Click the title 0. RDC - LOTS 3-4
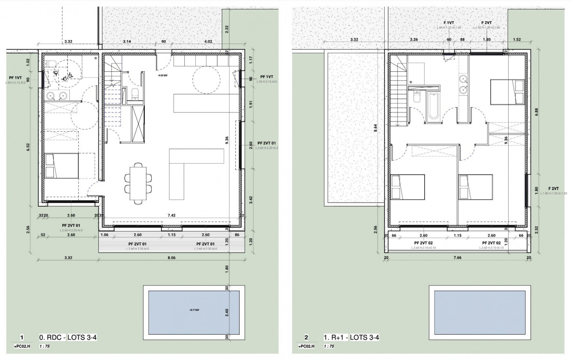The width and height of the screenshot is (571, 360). pos(68,337)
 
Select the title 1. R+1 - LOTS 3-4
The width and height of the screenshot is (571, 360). pos(352,337)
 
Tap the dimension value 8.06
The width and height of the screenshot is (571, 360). pos(171,258)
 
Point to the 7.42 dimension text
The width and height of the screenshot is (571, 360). pos(171,215)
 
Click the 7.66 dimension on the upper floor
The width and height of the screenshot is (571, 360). pos(457,258)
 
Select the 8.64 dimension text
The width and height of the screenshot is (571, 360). pos(375,129)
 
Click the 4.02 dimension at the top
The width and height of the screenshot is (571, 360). pos(208,41)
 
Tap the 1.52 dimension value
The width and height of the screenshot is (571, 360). pos(518,40)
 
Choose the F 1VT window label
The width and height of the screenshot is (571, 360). pos(449,23)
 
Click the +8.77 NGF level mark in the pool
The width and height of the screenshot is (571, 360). pos(194,310)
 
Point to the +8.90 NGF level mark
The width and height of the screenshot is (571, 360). pos(162,75)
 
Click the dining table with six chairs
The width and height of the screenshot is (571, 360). pos(138,183)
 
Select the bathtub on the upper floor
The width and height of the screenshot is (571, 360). pos(434,107)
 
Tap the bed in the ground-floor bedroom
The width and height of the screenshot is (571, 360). pos(61,166)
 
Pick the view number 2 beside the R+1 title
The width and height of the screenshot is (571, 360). pos(306,337)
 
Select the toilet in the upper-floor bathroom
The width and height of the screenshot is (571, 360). pos(416,97)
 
